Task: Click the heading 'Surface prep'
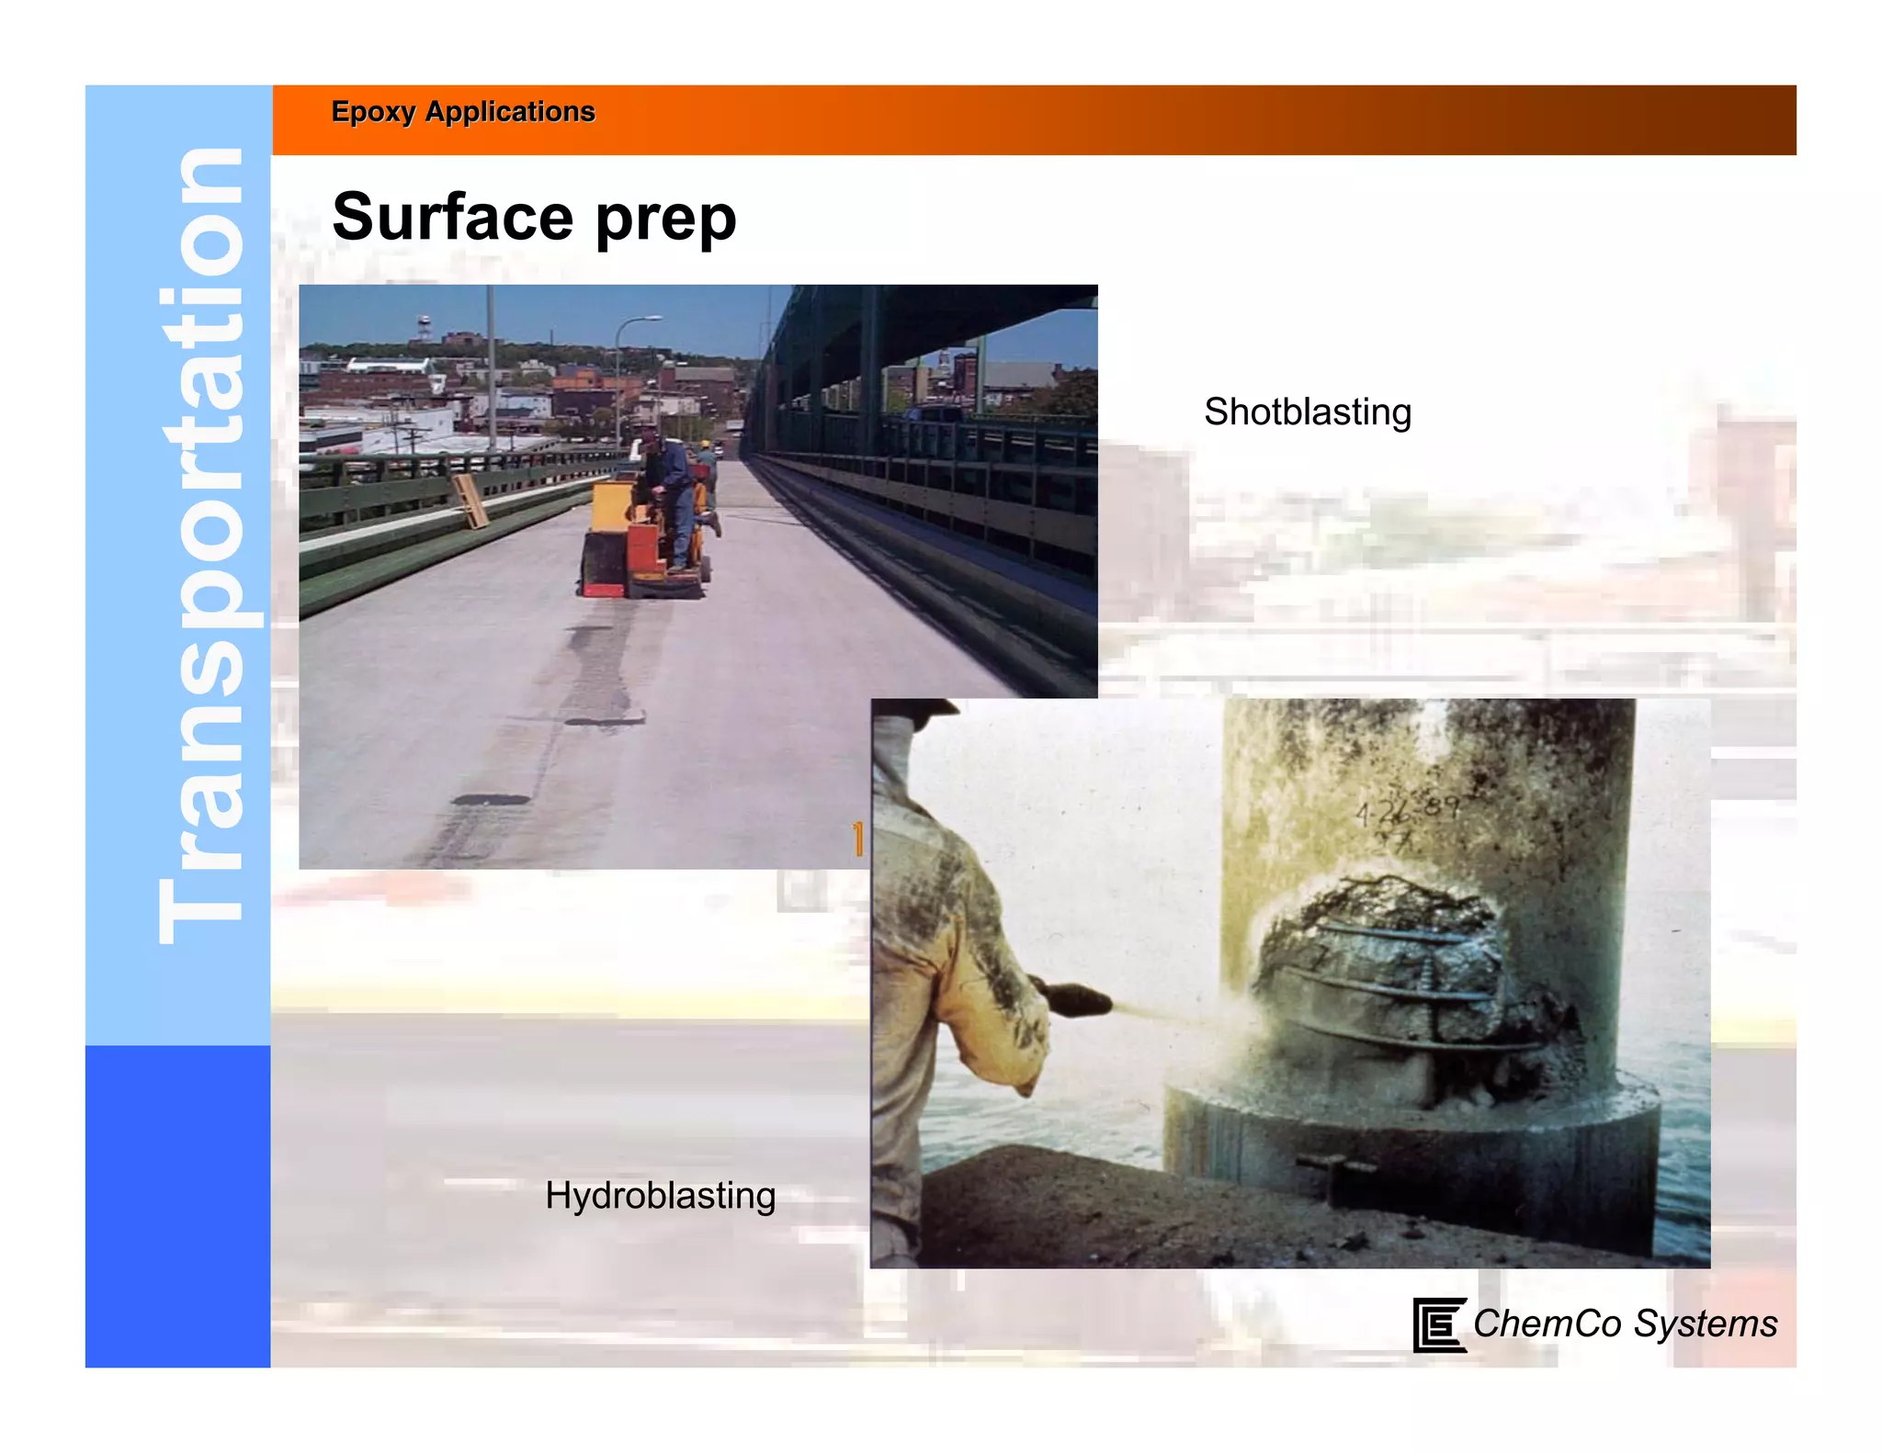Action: click(x=534, y=218)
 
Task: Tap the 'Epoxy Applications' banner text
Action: click(x=463, y=112)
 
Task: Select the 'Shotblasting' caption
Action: click(x=1307, y=411)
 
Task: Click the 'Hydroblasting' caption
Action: click(x=660, y=1196)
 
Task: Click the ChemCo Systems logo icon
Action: click(x=1438, y=1324)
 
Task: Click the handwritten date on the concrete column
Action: click(x=1406, y=810)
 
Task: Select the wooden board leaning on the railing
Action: click(x=470, y=501)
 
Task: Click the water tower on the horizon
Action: click(x=424, y=326)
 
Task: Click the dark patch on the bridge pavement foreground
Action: click(x=492, y=800)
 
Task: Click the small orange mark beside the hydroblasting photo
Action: click(x=858, y=839)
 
